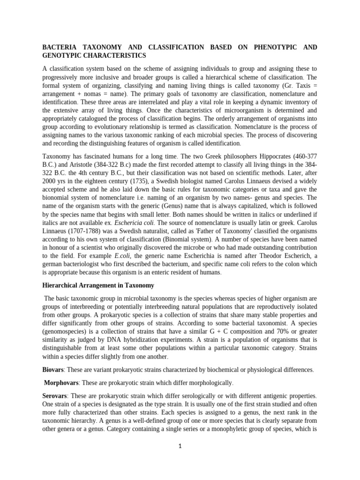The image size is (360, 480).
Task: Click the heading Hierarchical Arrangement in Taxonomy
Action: point(98,285)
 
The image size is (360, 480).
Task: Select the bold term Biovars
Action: point(52,369)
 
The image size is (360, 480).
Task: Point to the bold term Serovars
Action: point(54,396)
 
